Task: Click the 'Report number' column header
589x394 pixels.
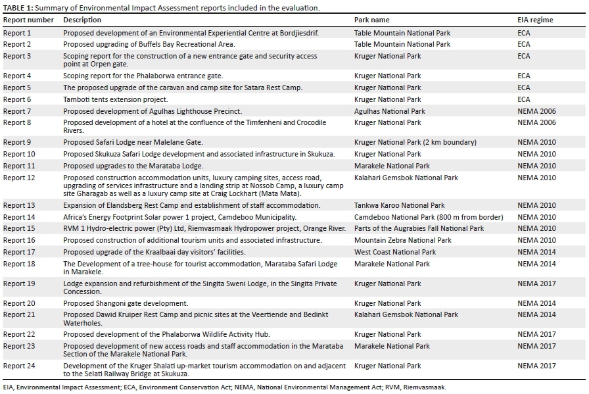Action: tap(28, 20)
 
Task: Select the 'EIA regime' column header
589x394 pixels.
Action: tap(535, 20)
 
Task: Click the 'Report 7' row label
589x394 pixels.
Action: tap(17, 111)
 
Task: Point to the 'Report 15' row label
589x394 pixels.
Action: tap(19, 229)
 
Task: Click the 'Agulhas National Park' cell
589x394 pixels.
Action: tap(389, 111)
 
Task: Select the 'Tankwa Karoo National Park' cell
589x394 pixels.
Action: tap(399, 205)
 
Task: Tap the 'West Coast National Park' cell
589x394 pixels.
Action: tap(394, 252)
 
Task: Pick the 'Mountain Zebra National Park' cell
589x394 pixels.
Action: tap(402, 241)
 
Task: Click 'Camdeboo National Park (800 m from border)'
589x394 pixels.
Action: tap(429, 217)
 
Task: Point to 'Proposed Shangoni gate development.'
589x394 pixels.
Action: tap(125, 304)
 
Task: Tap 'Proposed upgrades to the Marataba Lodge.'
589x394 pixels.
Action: tap(133, 166)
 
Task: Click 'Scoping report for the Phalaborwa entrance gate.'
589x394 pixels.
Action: tap(143, 76)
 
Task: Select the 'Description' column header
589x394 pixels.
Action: tap(82, 20)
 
